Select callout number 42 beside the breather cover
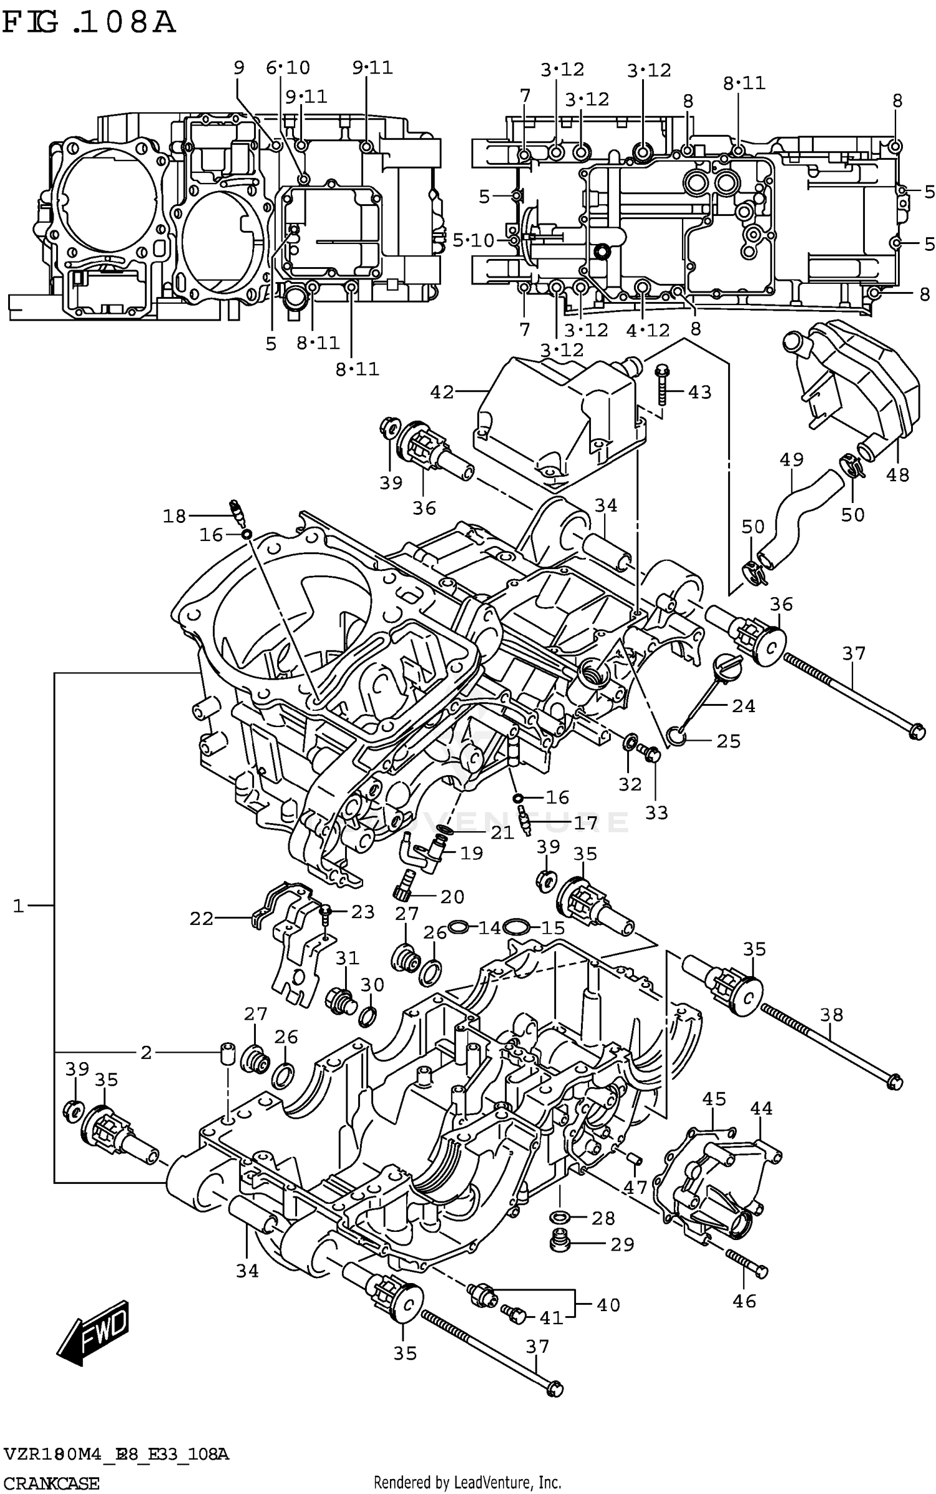coord(442,392)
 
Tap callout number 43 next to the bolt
coord(699,393)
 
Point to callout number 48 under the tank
coord(897,475)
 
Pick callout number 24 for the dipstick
coord(743,706)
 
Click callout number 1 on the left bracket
coord(19,906)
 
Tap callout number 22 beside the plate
coord(202,919)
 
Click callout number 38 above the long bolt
coord(831,1015)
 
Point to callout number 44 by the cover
coord(761,1108)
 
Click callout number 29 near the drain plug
coord(622,1244)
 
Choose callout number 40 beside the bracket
coord(608,1305)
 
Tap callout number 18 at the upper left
coord(175,515)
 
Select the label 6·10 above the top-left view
coord(288,67)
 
